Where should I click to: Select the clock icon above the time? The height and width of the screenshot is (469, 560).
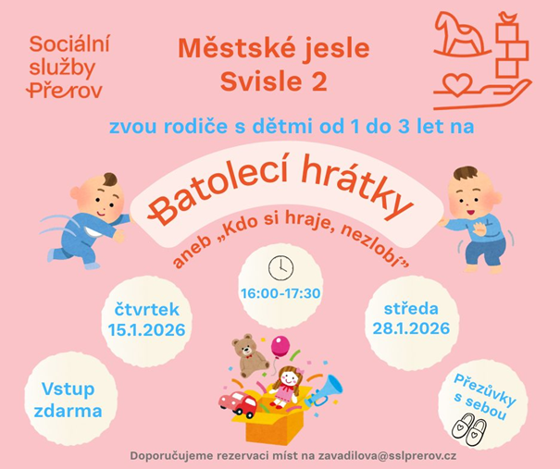(280, 267)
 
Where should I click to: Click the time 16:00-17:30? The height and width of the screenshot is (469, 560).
(280, 293)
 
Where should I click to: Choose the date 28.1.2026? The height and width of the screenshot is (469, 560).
(412, 328)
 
